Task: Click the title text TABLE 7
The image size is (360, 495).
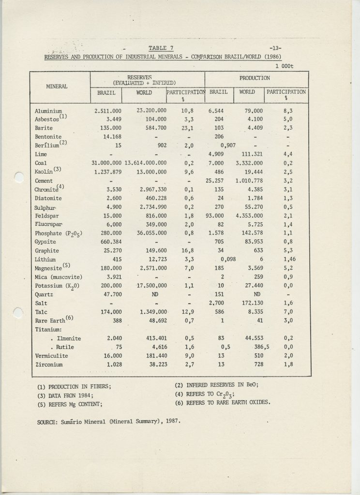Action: [161, 47]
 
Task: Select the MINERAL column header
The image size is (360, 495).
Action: [57, 86]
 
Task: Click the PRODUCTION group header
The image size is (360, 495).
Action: [255, 77]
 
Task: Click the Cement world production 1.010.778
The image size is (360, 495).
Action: [248, 180]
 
